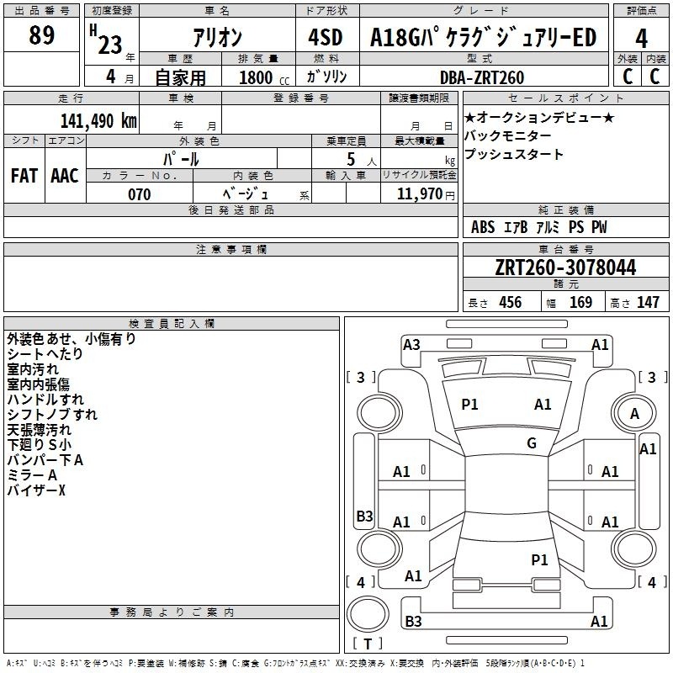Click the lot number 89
(41, 34)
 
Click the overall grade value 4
(641, 38)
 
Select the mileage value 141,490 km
(98, 121)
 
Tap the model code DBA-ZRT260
(482, 77)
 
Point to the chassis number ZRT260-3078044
(565, 268)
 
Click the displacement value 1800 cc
(264, 77)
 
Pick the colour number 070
(140, 194)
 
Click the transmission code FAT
(24, 176)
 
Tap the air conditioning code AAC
(65, 176)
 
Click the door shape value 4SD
(326, 37)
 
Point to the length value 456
(511, 302)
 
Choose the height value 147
(648, 302)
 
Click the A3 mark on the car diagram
(411, 345)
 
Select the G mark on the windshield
(532, 442)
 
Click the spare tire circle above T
(368, 613)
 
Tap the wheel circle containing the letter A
(634, 413)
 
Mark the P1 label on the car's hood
(469, 404)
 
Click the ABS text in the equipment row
(483, 227)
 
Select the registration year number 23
(110, 45)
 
